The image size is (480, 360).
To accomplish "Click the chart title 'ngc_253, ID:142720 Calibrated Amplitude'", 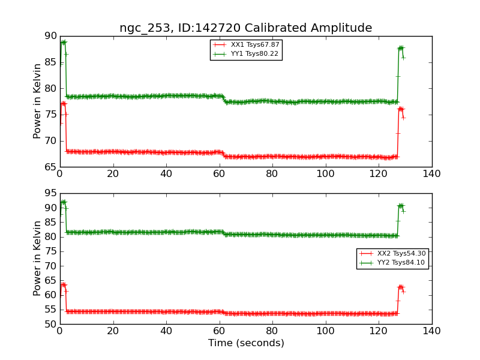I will click(x=245, y=28).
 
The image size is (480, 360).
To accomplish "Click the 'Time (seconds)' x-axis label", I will click(x=246, y=343).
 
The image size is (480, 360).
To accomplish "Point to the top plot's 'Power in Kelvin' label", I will click(x=38, y=101).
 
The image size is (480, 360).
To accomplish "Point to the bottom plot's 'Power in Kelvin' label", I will click(x=38, y=258).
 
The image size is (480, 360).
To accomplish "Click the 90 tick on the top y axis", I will click(x=50, y=36).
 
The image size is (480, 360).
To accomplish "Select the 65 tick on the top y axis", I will click(x=50, y=167).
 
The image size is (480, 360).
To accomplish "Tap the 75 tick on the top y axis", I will click(x=50, y=115).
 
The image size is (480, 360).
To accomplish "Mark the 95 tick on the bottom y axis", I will click(x=50, y=193).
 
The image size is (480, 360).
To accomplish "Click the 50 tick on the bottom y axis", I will click(x=50, y=324).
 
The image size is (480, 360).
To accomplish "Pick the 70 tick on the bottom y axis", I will click(x=50, y=266).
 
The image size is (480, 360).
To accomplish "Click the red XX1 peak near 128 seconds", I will click(x=400, y=109).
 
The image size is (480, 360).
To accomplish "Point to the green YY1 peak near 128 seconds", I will click(x=400, y=48).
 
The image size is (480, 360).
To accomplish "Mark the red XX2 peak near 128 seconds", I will click(x=400, y=287).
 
